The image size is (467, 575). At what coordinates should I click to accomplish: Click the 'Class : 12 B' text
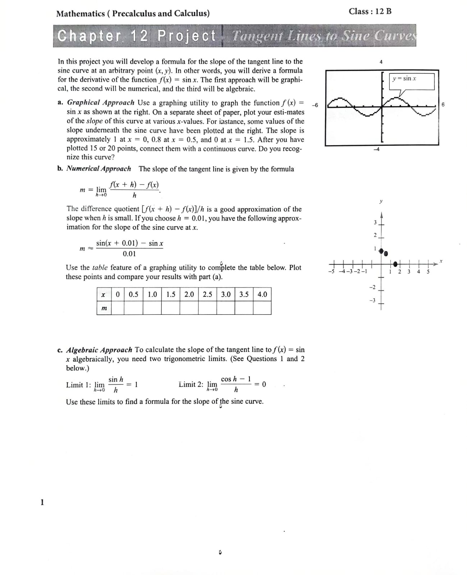(370, 11)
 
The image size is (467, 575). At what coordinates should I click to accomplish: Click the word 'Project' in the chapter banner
(187, 36)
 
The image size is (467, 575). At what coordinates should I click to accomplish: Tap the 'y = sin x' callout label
(404, 78)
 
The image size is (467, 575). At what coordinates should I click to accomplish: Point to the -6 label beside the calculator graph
(315, 105)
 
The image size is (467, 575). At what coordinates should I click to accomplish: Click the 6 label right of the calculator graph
(443, 105)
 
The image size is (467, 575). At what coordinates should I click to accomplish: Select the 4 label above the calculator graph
(381, 62)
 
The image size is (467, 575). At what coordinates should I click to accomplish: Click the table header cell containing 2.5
(207, 294)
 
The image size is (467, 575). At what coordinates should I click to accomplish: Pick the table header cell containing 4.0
(262, 294)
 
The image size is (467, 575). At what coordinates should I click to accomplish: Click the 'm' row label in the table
(104, 308)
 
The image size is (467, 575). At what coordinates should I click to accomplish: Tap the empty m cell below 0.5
(133, 308)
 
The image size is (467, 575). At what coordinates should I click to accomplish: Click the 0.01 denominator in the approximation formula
(129, 254)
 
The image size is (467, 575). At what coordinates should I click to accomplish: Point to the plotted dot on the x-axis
(396, 264)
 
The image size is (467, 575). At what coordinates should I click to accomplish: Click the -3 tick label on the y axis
(373, 300)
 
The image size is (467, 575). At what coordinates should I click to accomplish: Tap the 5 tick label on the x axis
(428, 272)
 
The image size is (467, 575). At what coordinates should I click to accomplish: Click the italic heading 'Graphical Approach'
(101, 103)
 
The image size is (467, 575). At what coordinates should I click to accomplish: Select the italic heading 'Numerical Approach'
(99, 169)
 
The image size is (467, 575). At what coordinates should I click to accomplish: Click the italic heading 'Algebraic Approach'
(100, 350)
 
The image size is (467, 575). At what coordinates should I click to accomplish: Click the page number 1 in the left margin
(42, 502)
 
